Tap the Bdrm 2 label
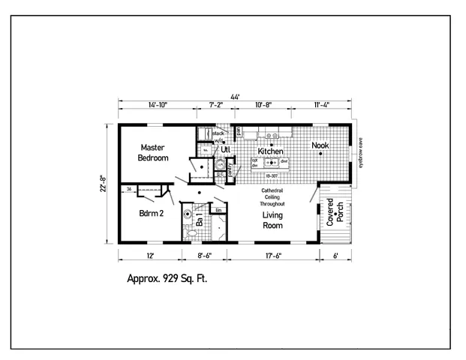[152, 213]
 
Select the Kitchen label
[270, 151]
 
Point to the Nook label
[320, 145]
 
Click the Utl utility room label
[225, 149]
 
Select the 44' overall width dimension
[235, 97]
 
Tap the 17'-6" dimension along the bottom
[272, 256]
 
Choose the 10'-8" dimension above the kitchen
[263, 106]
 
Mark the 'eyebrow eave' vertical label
[360, 153]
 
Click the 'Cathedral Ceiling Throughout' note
[272, 197]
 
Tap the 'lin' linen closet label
[218, 209]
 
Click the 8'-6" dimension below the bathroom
[203, 256]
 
